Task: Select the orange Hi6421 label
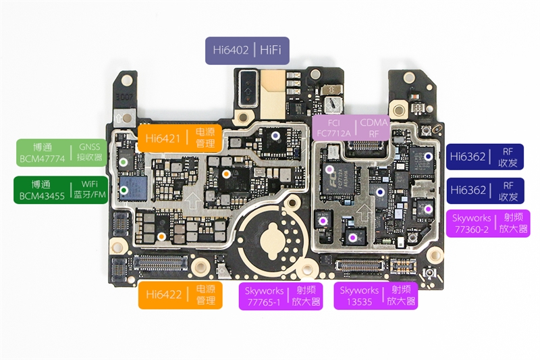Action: tap(180, 138)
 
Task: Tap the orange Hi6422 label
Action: tap(180, 296)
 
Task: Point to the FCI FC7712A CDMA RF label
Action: tap(350, 128)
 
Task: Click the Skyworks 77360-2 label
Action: tap(488, 223)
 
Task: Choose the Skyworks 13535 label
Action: tap(375, 296)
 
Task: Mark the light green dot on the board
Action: tap(124, 163)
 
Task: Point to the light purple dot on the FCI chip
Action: tap(330, 169)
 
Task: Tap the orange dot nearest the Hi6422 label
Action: tap(162, 236)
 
